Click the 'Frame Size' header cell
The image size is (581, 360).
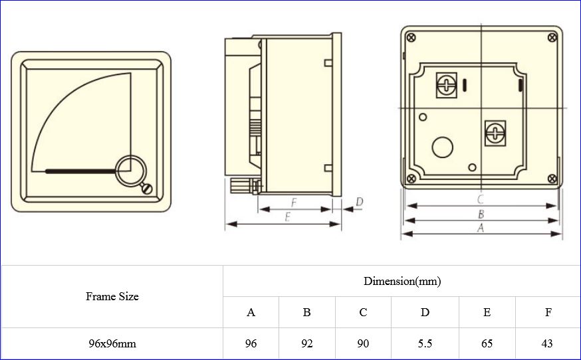tap(112, 297)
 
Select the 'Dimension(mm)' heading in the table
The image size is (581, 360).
tap(402, 281)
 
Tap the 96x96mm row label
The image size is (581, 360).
tap(112, 343)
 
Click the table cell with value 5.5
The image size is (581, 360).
tap(425, 343)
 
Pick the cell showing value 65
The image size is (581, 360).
tap(487, 343)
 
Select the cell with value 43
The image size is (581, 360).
tap(548, 343)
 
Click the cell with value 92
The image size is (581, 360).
tap(306, 343)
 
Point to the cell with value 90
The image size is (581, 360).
tap(363, 343)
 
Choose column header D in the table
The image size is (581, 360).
tap(425, 312)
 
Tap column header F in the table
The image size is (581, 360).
tap(548, 312)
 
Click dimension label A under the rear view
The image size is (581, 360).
tap(480, 227)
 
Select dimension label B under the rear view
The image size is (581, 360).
tap(480, 214)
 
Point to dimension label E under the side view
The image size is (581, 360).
tap(287, 217)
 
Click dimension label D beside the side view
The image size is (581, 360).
tap(359, 201)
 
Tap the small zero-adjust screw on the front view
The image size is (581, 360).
tap(148, 189)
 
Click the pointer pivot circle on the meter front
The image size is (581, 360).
tap(131, 170)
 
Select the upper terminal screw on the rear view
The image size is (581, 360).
tap(445, 84)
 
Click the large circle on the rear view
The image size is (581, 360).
tap(442, 147)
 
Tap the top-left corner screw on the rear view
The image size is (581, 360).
tap(411, 37)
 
